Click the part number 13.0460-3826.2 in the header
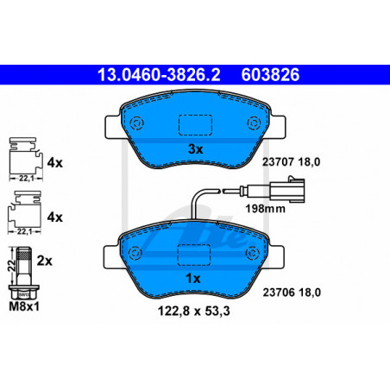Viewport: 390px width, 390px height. [x=159, y=74]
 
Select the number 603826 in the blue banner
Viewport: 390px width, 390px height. [x=270, y=74]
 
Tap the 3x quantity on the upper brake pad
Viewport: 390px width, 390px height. [x=195, y=149]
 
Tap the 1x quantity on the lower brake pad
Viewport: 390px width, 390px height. [x=192, y=279]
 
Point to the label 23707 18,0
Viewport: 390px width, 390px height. [x=291, y=162]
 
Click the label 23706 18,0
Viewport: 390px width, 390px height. [x=292, y=292]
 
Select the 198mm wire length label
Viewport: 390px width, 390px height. [x=265, y=209]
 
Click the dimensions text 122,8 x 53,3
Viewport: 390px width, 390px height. [x=194, y=311]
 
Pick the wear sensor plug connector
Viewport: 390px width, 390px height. [x=287, y=189]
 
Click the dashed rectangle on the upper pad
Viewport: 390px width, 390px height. [x=195, y=125]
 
